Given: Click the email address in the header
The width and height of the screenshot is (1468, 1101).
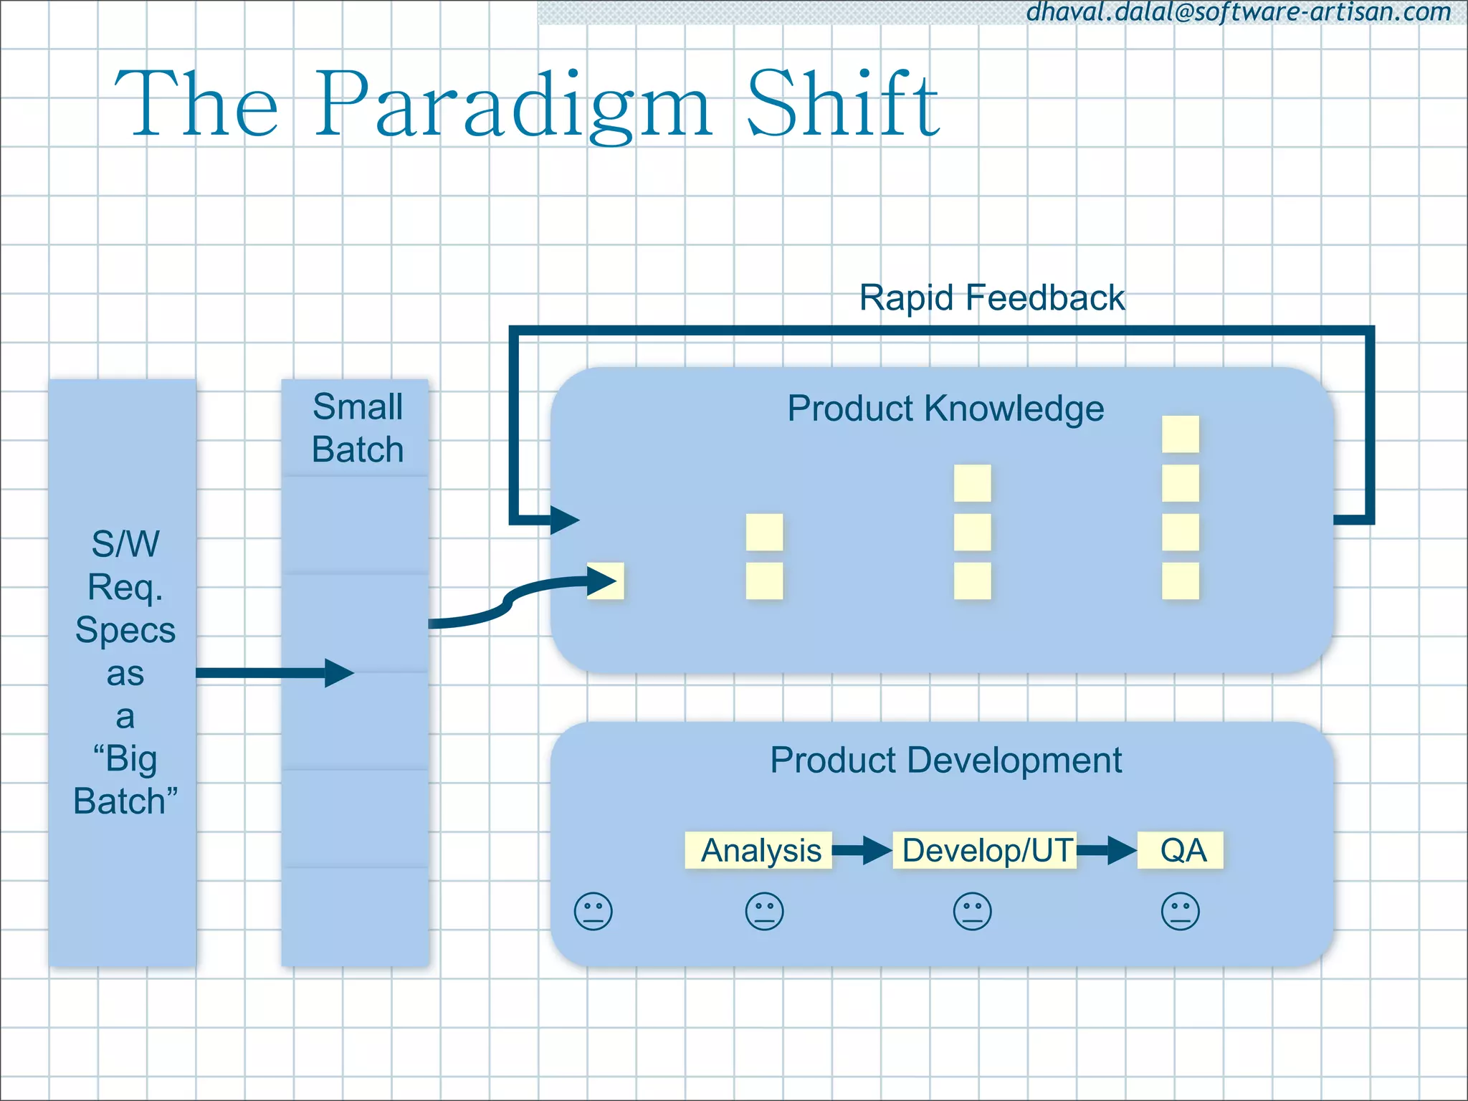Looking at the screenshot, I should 1239,12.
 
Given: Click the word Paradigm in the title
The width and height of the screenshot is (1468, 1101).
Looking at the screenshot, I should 513,105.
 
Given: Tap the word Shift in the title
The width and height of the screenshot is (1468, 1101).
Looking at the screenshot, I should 843,105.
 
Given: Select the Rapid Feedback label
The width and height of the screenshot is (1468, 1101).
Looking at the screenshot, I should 991,297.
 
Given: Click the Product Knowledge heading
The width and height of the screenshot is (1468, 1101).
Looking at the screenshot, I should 945,409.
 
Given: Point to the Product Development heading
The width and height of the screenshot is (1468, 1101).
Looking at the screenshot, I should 945,760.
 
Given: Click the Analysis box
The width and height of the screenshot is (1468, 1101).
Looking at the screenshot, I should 759,851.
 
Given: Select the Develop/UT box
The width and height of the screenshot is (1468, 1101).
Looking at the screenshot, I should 985,851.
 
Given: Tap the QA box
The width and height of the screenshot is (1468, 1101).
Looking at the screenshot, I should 1181,851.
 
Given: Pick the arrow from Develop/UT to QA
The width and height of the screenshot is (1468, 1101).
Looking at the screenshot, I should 1107,851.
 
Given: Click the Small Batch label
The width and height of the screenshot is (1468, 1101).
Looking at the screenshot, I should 357,428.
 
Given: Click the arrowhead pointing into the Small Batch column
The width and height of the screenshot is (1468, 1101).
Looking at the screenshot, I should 338,673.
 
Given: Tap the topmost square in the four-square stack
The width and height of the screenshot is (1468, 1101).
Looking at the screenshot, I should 1180,434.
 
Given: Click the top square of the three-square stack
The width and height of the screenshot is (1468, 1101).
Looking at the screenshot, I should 972,483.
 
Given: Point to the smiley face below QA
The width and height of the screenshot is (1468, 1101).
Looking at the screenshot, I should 1180,912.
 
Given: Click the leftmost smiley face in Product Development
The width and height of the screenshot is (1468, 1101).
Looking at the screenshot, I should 594,912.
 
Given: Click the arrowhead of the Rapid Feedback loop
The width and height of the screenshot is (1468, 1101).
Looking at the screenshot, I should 565,520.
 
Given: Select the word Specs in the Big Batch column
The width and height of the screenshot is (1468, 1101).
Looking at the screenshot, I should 125,630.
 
